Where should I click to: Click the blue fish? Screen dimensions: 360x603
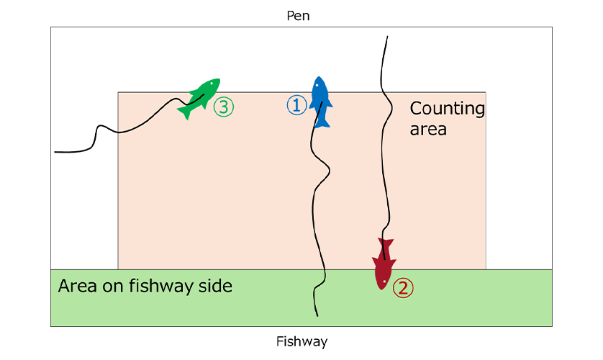click(x=320, y=101)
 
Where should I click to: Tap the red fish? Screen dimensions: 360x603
click(x=384, y=265)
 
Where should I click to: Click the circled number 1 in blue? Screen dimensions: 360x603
click(x=297, y=106)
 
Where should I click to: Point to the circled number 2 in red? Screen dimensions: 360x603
click(x=403, y=288)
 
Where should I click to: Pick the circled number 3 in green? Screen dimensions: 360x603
click(x=224, y=107)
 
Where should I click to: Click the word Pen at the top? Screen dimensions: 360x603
click(x=298, y=15)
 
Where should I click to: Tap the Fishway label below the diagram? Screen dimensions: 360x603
click(x=301, y=341)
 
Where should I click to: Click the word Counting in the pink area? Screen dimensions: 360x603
click(x=447, y=109)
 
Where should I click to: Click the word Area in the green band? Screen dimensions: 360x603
click(x=76, y=286)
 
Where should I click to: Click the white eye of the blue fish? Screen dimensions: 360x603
click(x=317, y=86)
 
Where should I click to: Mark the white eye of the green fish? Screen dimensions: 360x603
click(x=213, y=84)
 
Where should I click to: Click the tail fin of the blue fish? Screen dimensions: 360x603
click(x=322, y=122)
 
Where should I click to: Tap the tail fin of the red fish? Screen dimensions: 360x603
click(x=384, y=244)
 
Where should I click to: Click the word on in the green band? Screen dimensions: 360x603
click(x=114, y=286)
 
